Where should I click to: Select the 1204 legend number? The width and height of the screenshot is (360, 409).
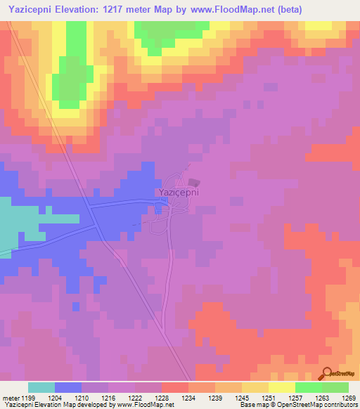(55, 397)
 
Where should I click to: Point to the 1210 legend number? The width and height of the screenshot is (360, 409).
(82, 397)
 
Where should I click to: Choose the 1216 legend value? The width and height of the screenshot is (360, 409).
(108, 397)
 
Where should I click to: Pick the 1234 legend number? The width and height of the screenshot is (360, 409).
(188, 397)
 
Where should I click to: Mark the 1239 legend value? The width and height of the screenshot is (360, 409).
(215, 397)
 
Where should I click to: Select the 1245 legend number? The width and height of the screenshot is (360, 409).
(242, 397)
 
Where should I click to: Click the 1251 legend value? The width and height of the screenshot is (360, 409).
(269, 397)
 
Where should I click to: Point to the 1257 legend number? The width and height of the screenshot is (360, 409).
(295, 397)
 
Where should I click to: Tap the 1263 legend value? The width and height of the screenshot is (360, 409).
(322, 397)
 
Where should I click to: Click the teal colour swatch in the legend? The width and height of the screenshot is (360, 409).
(41, 387)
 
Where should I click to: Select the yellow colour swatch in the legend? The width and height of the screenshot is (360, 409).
(282, 387)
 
